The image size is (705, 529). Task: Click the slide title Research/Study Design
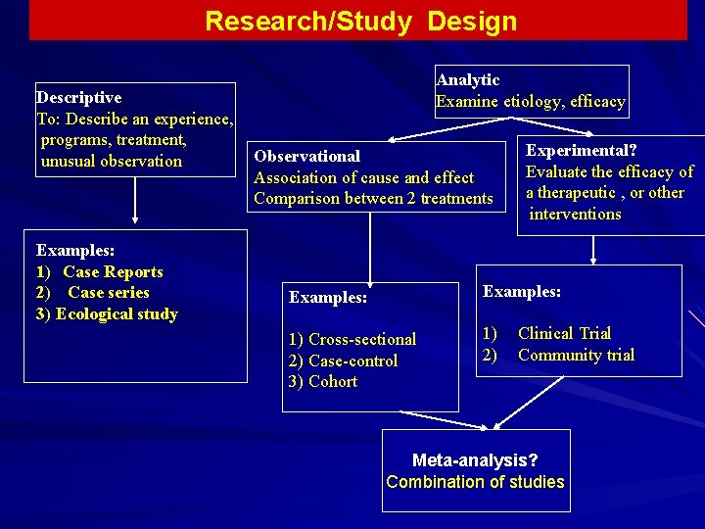(x=360, y=22)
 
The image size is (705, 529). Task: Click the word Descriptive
(x=79, y=97)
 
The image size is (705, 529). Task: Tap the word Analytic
(x=468, y=80)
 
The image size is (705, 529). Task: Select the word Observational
(x=307, y=156)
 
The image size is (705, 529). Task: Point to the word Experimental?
(x=582, y=151)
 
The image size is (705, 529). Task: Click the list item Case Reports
(x=113, y=272)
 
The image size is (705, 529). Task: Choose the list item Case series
(x=108, y=293)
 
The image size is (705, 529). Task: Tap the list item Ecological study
(x=117, y=314)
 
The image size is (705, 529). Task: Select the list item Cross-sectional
(x=362, y=340)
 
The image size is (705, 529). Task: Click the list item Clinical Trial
(x=564, y=334)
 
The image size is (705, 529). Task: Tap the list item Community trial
(x=576, y=356)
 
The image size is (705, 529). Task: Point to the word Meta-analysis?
(x=475, y=460)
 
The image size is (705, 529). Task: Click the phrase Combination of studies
(x=475, y=482)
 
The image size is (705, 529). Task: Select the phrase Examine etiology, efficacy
(x=530, y=102)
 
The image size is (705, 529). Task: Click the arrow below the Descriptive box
(x=135, y=200)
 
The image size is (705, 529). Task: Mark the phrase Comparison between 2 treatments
(x=373, y=199)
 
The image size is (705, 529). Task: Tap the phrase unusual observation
(x=112, y=162)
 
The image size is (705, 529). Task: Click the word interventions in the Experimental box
(x=575, y=215)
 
